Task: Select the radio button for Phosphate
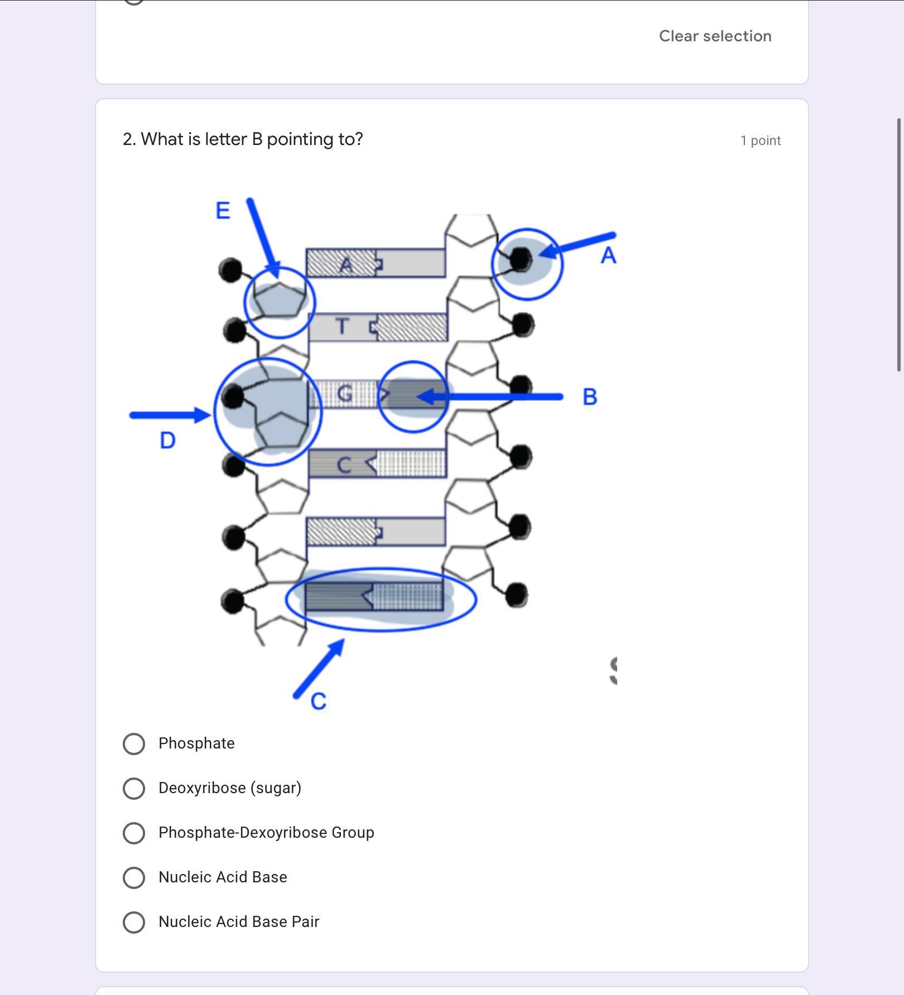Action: [x=134, y=743]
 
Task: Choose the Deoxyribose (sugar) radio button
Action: [x=134, y=788]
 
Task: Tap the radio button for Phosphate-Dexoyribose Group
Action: [x=134, y=833]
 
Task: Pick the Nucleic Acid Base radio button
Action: [x=134, y=877]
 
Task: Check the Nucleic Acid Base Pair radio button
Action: [x=134, y=922]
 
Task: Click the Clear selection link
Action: [x=715, y=36]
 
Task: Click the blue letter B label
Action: [x=590, y=397]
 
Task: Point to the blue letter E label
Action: [x=223, y=211]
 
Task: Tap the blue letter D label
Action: [x=167, y=441]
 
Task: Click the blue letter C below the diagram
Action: [x=318, y=702]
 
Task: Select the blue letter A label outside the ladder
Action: [x=608, y=256]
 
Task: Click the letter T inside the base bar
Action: [x=343, y=326]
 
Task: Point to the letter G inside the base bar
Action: [x=345, y=394]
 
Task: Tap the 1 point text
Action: [x=760, y=141]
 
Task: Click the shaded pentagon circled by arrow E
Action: [x=279, y=300]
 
